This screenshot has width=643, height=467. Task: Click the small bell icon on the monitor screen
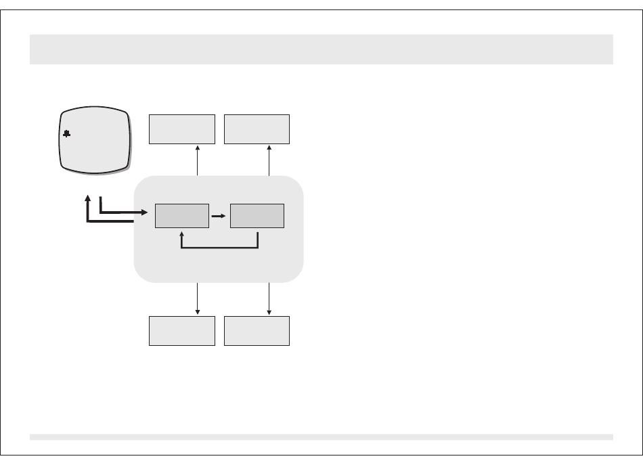click(66, 135)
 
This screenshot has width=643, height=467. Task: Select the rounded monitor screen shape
click(95, 139)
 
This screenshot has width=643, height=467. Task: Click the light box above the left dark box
click(181, 129)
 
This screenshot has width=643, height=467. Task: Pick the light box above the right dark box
click(257, 129)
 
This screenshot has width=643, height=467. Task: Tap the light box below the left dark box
click(181, 331)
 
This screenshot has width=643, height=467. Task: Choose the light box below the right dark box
click(257, 331)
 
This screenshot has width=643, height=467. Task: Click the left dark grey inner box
click(181, 216)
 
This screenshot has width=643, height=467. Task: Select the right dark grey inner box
click(257, 216)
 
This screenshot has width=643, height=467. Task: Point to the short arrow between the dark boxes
click(219, 216)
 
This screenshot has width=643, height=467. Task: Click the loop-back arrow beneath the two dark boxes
click(220, 247)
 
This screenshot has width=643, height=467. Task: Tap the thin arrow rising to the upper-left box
click(198, 161)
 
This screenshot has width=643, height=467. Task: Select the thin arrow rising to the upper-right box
click(269, 161)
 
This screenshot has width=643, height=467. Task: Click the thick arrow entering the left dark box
click(122, 213)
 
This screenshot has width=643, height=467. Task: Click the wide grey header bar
click(321, 49)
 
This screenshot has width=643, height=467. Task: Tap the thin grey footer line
click(321, 437)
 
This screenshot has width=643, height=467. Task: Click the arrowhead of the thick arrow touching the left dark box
click(145, 213)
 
